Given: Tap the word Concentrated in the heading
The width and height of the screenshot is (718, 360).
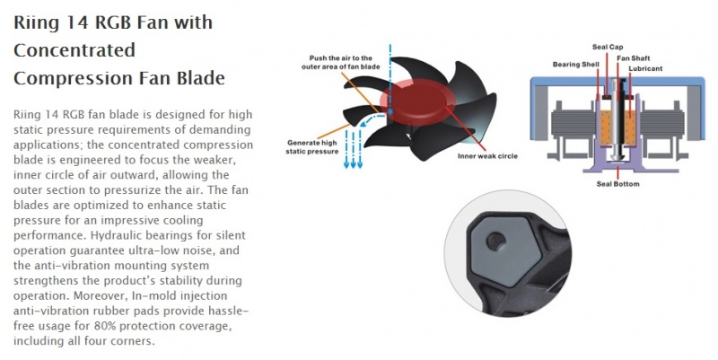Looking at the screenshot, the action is pyautogui.click(x=74, y=50).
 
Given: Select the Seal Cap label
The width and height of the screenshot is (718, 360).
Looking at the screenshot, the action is pyautogui.click(x=608, y=47).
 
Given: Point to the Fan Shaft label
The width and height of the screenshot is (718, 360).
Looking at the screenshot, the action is pyautogui.click(x=633, y=58).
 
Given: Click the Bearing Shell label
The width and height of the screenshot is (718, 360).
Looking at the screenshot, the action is pyautogui.click(x=575, y=65).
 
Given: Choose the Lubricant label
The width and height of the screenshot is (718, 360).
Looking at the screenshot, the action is pyautogui.click(x=645, y=69).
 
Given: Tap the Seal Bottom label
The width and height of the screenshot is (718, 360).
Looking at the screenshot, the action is pyautogui.click(x=617, y=184).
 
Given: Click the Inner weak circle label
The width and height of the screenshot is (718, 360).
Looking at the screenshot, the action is pyautogui.click(x=487, y=156).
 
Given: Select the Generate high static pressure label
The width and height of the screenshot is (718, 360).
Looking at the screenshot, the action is pyautogui.click(x=311, y=147).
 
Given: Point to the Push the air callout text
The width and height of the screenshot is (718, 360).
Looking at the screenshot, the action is pyautogui.click(x=341, y=62).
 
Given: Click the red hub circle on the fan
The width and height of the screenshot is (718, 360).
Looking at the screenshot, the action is pyautogui.click(x=417, y=100).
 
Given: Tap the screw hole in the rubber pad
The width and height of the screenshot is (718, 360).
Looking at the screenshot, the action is pyautogui.click(x=496, y=241).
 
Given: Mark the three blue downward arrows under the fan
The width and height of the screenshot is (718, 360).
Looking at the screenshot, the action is pyautogui.click(x=353, y=149).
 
